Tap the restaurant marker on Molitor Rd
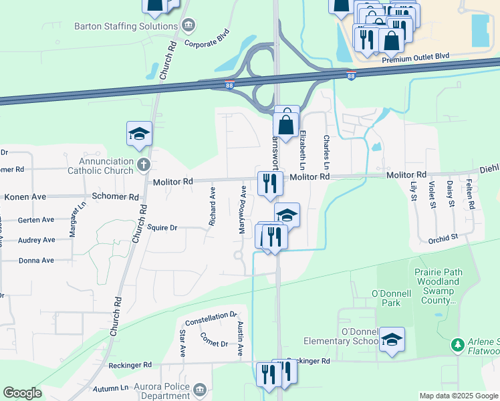point(269,182)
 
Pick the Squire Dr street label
point(162,227)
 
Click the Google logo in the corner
point(22,393)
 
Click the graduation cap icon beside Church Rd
point(140,134)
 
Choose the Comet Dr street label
point(214,344)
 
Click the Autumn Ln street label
point(110,388)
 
